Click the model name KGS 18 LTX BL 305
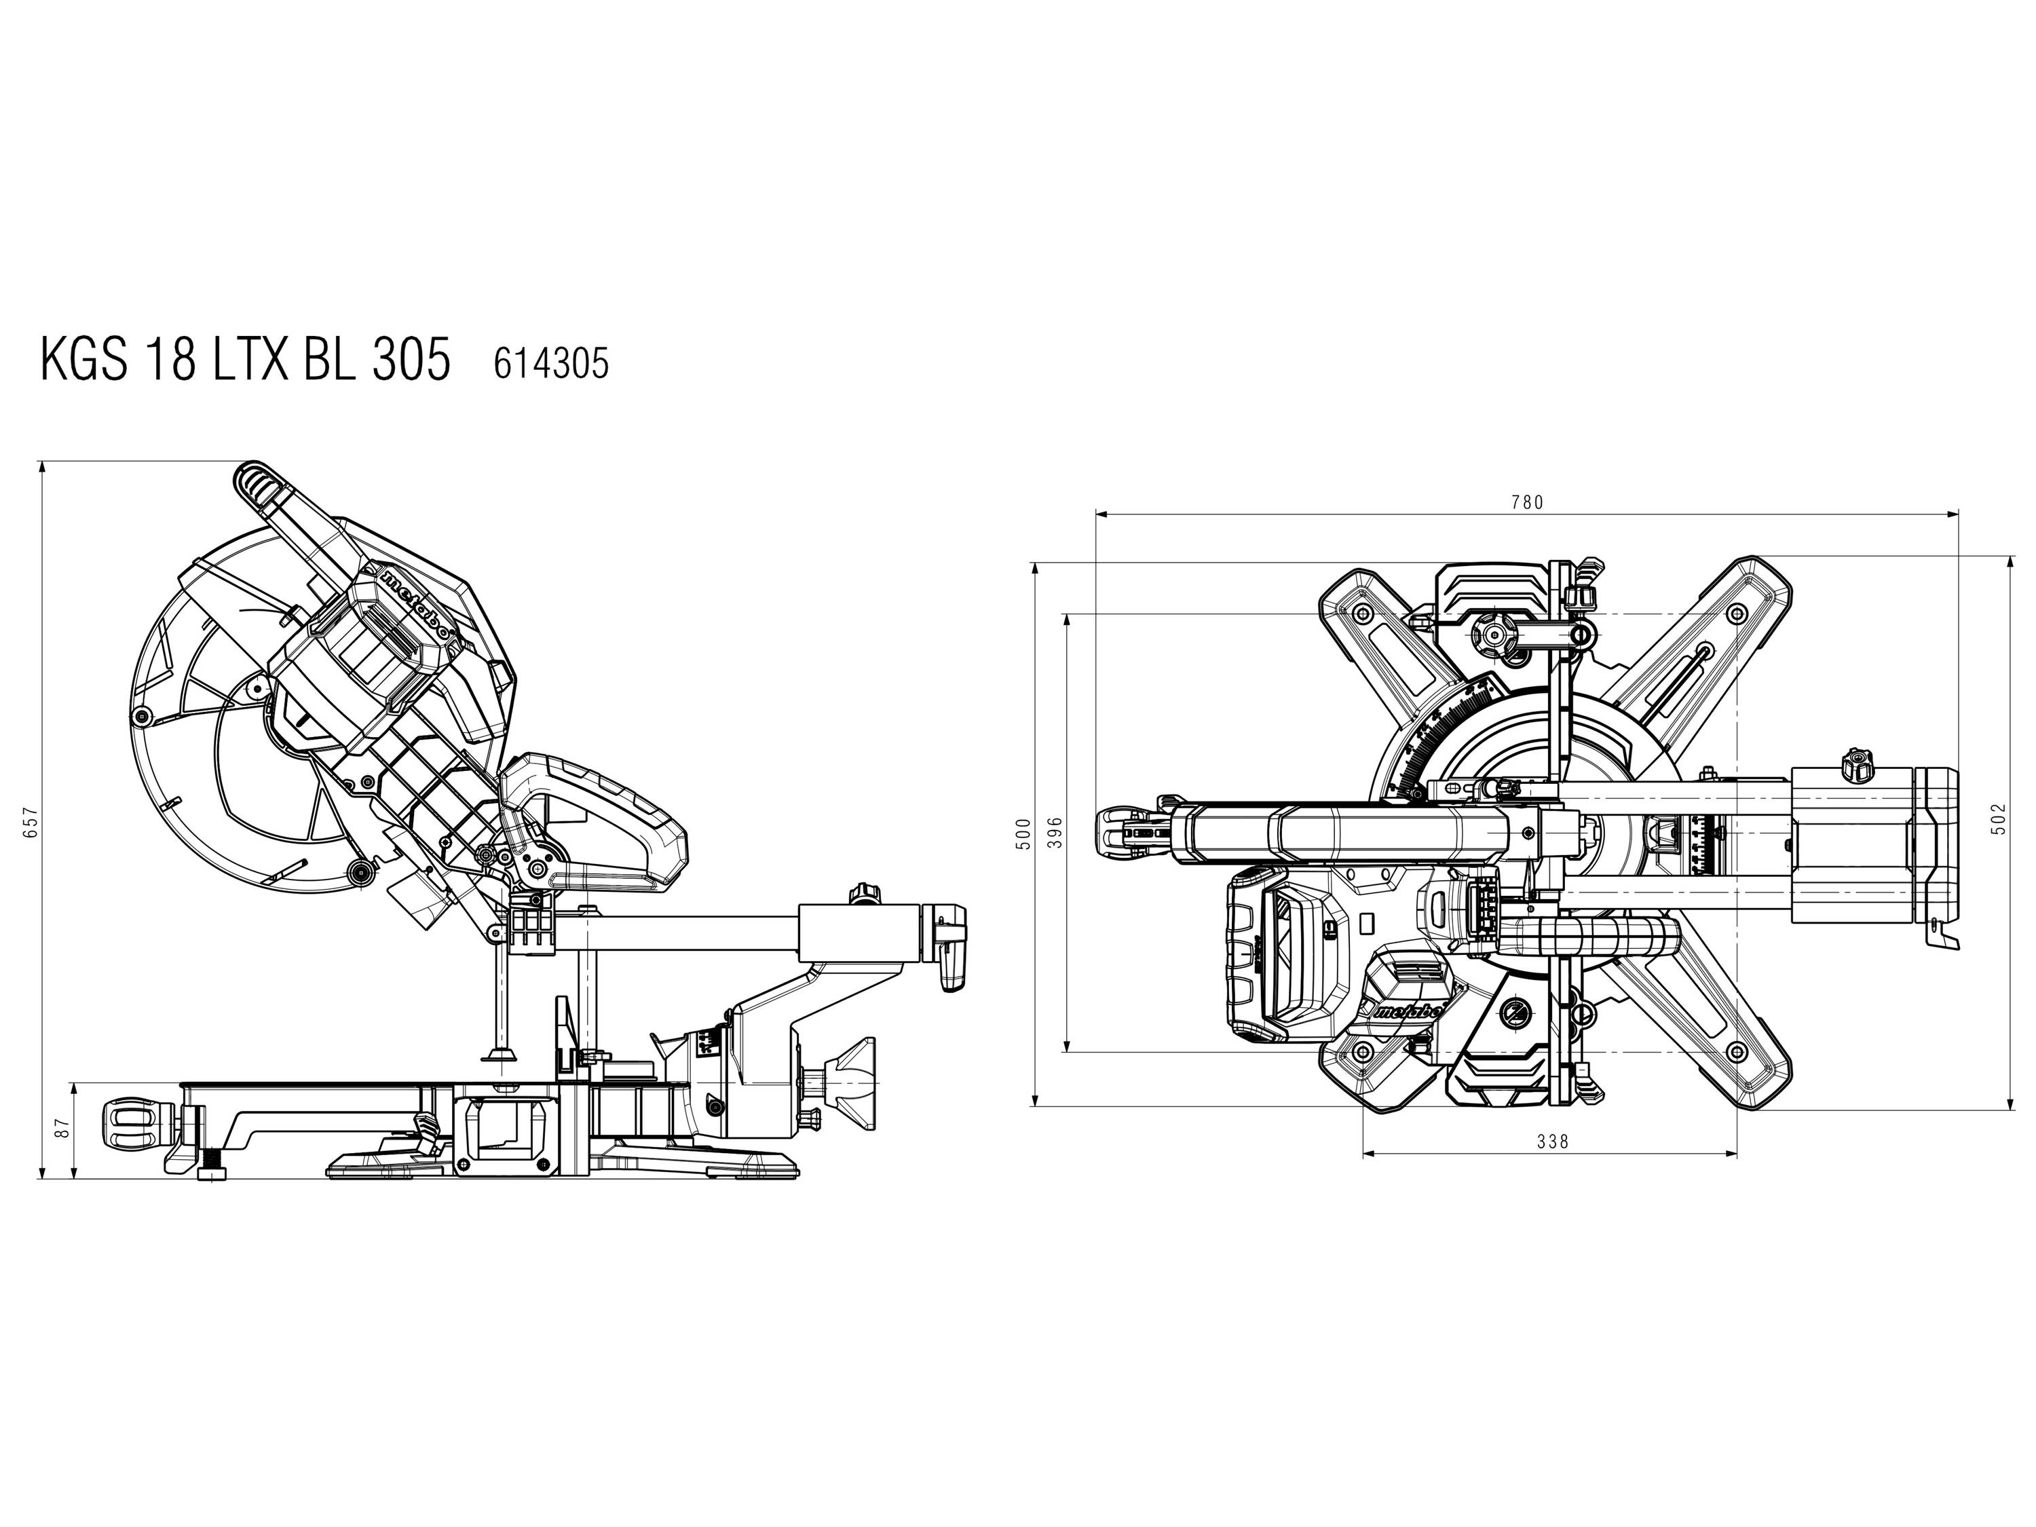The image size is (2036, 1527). click(x=245, y=360)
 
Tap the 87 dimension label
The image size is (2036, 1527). click(x=62, y=1129)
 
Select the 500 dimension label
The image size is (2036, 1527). click(x=1023, y=834)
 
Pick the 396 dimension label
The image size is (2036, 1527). click(x=1055, y=832)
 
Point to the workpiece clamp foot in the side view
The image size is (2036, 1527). click(x=502, y=1056)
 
